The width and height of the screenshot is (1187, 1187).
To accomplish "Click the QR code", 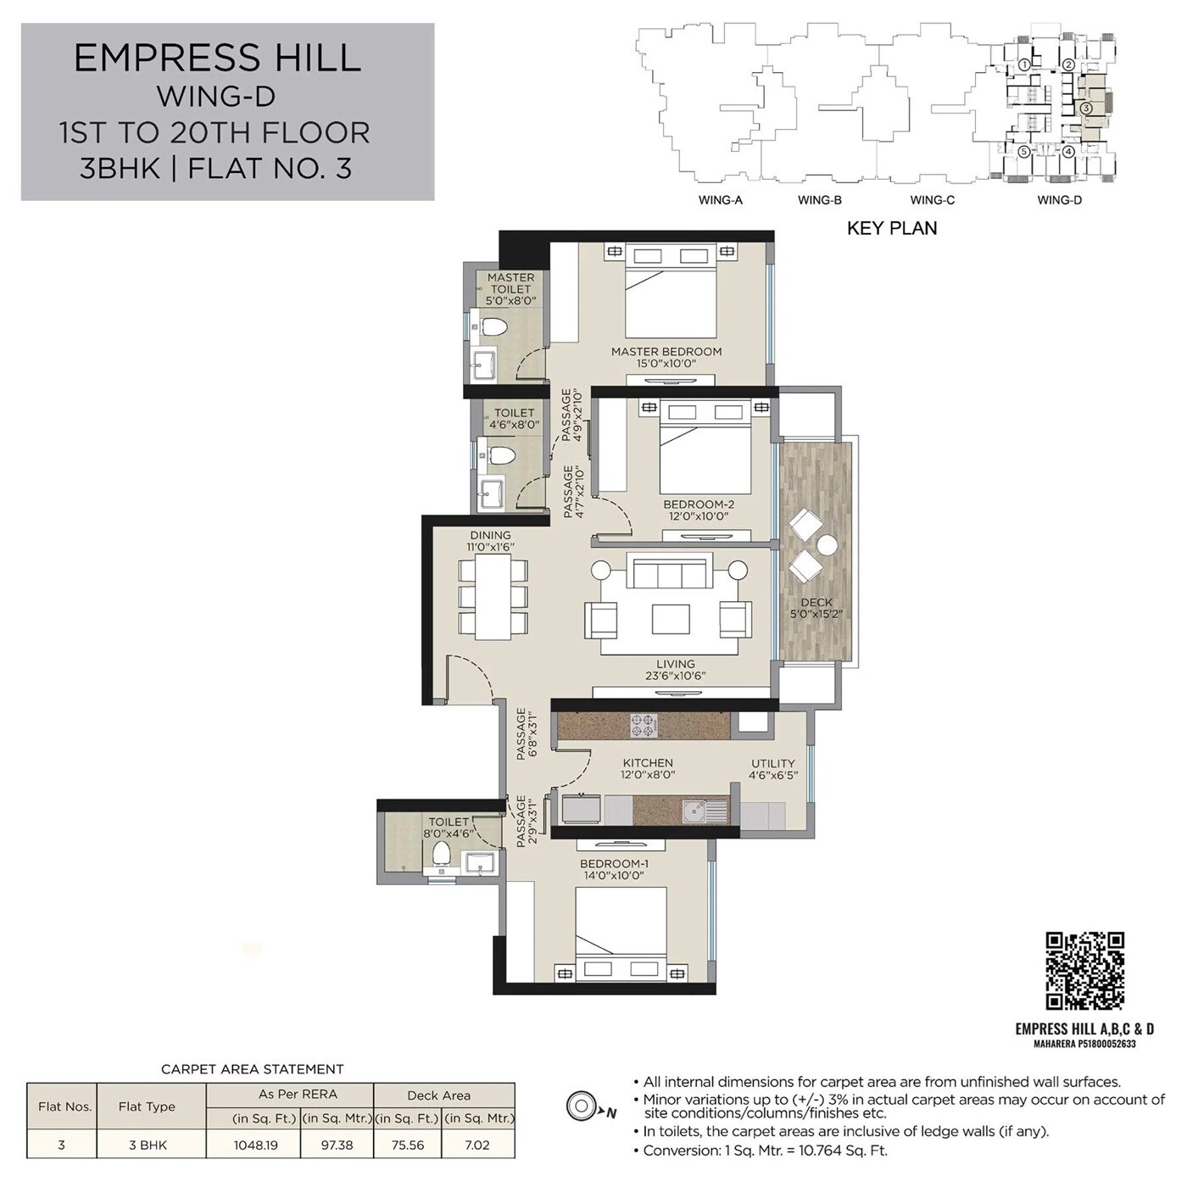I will [x=1084, y=971].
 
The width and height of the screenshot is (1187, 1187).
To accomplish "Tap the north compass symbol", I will [x=581, y=1106].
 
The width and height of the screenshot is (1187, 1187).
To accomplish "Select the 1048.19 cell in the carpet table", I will [x=253, y=1145].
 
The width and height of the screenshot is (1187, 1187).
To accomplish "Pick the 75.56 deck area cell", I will [x=407, y=1145].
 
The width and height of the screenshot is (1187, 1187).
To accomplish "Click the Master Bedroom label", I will [x=666, y=351].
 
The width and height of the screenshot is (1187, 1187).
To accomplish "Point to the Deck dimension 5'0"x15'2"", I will [x=816, y=615].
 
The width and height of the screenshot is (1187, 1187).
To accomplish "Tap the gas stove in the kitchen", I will [x=643, y=726].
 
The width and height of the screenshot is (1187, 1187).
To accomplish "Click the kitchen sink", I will [x=700, y=811].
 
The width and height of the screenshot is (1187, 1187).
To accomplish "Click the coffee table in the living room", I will [x=671, y=618].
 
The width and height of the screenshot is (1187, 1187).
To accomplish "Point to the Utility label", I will [x=772, y=763].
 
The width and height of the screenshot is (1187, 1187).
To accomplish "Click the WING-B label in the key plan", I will [x=819, y=200].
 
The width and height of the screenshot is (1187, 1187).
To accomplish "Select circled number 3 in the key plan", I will [x=1085, y=109].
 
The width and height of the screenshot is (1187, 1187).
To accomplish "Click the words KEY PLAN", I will [x=892, y=228].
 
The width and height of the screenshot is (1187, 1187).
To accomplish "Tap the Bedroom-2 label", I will [x=699, y=504].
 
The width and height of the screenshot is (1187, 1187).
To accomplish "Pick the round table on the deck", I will [x=827, y=545].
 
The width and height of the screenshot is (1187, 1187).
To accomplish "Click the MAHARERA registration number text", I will [x=1084, y=1044].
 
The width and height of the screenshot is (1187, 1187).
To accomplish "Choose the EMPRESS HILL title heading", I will [x=218, y=58].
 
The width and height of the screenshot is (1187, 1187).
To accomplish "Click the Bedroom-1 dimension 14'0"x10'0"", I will [x=614, y=876].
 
